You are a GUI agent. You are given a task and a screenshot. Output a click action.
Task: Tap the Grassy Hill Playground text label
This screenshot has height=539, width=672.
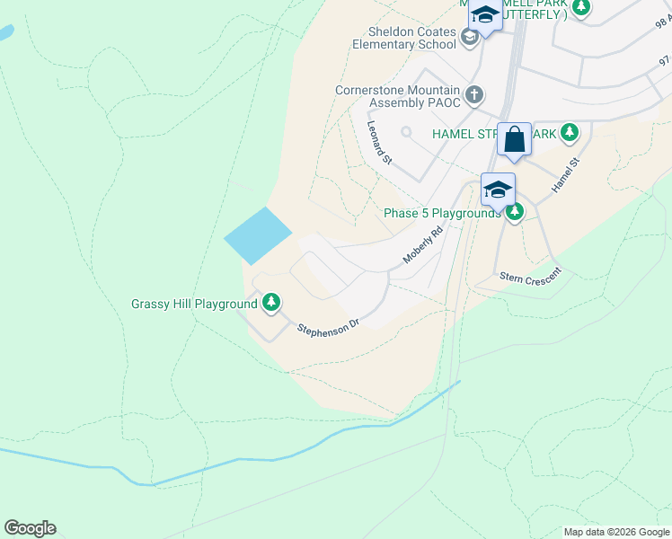coord(194,304)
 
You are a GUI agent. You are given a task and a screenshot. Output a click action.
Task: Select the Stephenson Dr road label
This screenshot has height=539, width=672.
coord(328,324)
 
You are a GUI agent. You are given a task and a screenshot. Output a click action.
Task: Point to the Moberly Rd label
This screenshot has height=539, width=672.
coord(423,244)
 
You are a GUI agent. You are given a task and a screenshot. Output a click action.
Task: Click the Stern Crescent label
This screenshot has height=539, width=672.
coord(529,277)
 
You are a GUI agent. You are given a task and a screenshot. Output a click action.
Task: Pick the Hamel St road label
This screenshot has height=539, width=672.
coord(566,172)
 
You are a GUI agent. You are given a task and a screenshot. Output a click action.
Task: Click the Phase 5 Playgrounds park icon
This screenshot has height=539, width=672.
coord(514,213)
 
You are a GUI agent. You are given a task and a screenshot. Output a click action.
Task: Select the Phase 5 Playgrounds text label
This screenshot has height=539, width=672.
coord(442,213)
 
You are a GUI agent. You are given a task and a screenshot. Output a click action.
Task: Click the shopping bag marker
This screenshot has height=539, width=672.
coord(514,140)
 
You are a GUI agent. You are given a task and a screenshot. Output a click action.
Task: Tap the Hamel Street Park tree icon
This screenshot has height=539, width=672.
coord(569,133)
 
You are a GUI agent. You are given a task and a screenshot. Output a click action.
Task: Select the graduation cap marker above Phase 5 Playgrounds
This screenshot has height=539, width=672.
coord(498,190)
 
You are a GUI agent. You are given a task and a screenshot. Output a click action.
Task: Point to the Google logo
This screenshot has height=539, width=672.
coord(30,528)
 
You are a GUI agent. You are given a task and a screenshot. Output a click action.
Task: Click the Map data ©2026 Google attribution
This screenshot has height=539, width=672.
coord(616,532)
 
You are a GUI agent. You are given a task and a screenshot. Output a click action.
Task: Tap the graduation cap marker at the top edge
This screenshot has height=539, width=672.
coord(485,15)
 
